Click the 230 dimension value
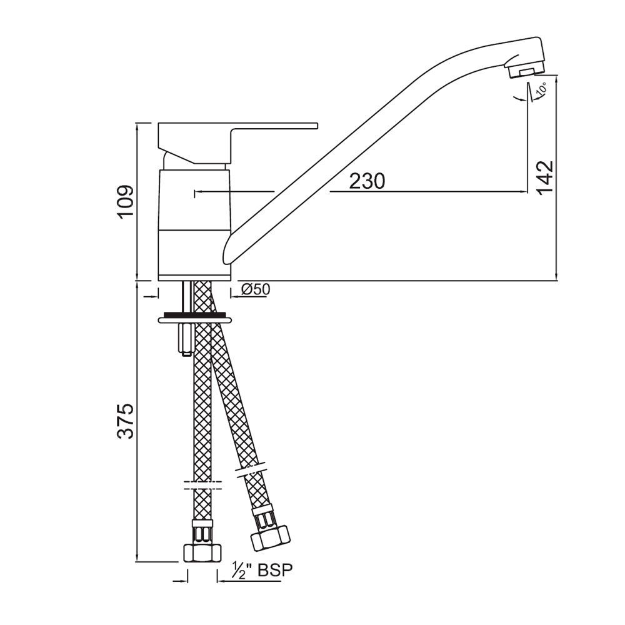pyautogui.click(x=367, y=181)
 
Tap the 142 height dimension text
pyautogui.click(x=544, y=177)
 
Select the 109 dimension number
pyautogui.click(x=126, y=201)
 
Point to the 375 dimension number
pyautogui.click(x=126, y=421)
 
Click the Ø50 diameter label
pyautogui.click(x=254, y=289)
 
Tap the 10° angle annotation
pyautogui.click(x=541, y=89)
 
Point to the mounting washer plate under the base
pyautogui.click(x=196, y=319)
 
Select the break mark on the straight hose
pyautogui.click(x=202, y=484)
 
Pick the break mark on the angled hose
pyautogui.click(x=253, y=470)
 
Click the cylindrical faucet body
pyautogui.click(x=195, y=225)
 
